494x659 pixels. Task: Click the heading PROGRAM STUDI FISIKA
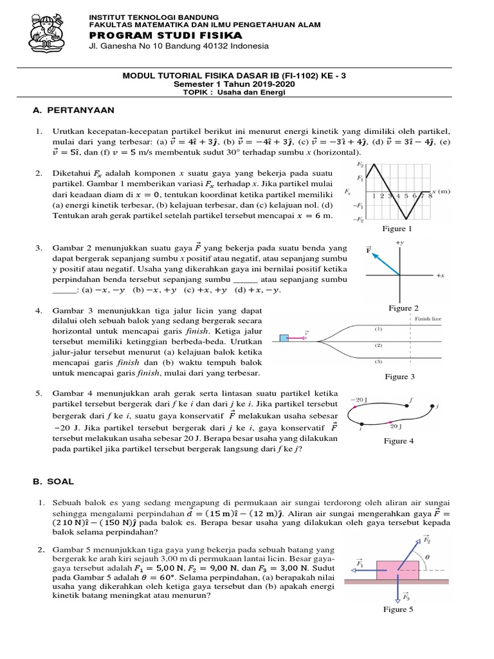(165, 34)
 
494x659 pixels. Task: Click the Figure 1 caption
(398, 228)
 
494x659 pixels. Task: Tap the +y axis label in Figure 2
(399, 242)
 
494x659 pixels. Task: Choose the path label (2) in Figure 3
(378, 346)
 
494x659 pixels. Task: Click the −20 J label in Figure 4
(358, 400)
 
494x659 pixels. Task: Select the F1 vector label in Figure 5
(360, 564)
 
